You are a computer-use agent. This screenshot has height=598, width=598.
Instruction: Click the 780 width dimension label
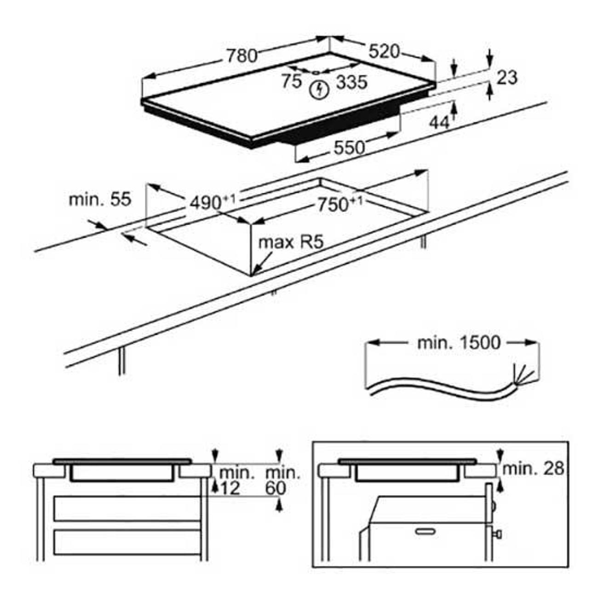pos(242,56)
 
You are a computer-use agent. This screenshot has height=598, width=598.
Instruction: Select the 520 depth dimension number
pos(384,52)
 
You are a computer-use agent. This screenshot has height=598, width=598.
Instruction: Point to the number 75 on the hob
pos(292,81)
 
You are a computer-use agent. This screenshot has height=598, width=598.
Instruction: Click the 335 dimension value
pos(352,82)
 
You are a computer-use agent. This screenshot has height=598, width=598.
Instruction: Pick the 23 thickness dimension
pos(507,78)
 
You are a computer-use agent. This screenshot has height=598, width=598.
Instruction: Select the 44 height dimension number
pos(439,123)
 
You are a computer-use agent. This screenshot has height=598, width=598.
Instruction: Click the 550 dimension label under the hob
pos(349,148)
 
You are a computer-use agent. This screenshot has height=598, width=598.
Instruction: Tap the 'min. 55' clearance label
pos(100,200)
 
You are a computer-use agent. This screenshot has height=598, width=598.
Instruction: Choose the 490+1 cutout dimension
pos(213,202)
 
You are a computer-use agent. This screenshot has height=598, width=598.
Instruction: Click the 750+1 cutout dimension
pos(340,205)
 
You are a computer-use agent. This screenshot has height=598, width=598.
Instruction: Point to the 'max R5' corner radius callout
pos(291,242)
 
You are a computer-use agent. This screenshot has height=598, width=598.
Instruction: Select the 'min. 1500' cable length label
pos(459,343)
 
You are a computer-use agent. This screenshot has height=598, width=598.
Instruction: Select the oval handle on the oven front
pos(425,532)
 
